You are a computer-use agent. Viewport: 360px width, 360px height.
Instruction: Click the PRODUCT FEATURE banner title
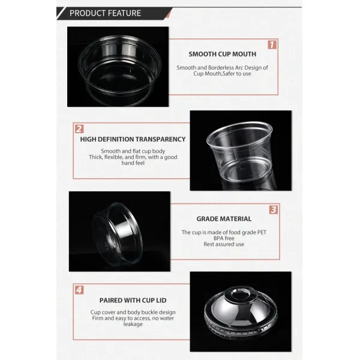pyautogui.click(x=105, y=13)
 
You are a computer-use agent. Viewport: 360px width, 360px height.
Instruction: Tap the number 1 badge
pyautogui.click(x=272, y=44)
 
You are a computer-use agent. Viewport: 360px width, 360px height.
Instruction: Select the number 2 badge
pyautogui.click(x=79, y=129)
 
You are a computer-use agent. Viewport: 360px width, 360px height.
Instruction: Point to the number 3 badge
pyautogui.click(x=274, y=209)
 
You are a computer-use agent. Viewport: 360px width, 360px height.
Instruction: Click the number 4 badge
pyautogui.click(x=79, y=290)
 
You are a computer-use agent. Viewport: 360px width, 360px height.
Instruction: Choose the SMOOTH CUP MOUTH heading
pyautogui.click(x=222, y=54)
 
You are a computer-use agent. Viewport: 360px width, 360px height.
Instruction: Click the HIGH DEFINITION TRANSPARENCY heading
pyautogui.click(x=133, y=139)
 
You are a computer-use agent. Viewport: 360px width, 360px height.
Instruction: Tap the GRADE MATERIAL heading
pyautogui.click(x=224, y=219)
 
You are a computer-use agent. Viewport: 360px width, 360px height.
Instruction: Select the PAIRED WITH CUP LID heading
pyautogui.click(x=133, y=301)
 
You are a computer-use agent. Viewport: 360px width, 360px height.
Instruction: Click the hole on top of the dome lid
pyautogui.click(x=239, y=293)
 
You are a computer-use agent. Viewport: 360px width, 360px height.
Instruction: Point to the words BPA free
pyautogui.click(x=224, y=238)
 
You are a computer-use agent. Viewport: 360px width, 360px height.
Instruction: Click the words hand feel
pyautogui.click(x=133, y=163)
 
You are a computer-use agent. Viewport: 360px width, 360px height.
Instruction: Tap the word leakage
pyautogui.click(x=133, y=324)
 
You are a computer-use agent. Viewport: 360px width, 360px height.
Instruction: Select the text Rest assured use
pyautogui.click(x=224, y=244)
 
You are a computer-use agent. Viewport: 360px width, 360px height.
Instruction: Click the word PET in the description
pyautogui.click(x=262, y=232)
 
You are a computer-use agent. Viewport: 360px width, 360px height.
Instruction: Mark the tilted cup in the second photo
pyautogui.click(x=239, y=151)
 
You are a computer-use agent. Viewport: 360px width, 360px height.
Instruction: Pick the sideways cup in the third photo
pyautogui.click(x=118, y=234)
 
